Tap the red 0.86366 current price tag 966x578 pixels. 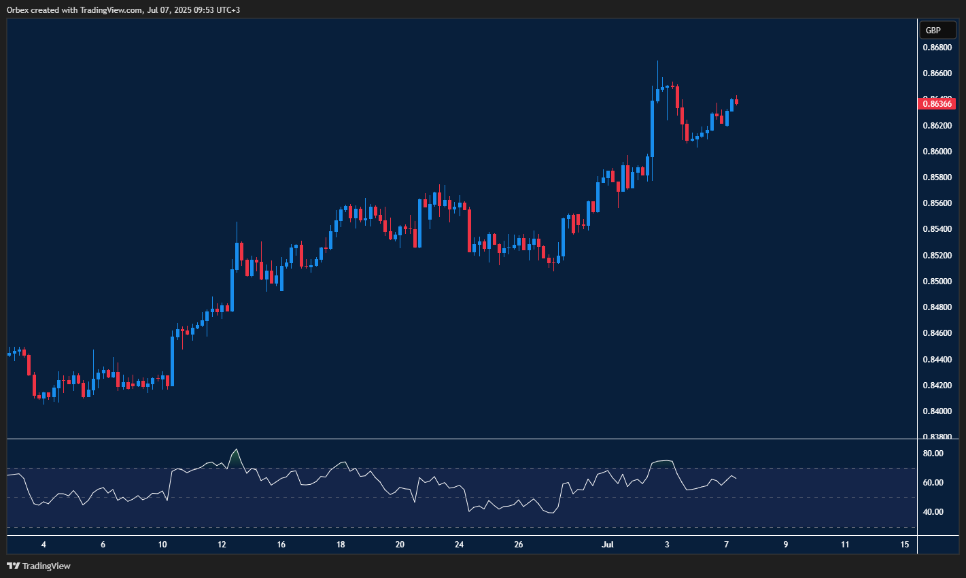936,103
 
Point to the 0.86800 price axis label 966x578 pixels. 936,48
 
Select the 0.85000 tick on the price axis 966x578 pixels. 936,281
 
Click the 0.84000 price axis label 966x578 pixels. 936,411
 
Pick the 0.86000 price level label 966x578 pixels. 936,151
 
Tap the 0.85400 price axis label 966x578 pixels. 936,229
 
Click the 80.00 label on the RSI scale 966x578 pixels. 933,454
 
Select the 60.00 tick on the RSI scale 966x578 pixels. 933,483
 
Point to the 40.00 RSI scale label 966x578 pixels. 933,512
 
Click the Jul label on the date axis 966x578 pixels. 608,545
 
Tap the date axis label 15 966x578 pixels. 904,545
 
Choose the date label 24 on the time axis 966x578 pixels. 460,545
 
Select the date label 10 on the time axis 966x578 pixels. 162,545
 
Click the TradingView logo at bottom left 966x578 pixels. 39,566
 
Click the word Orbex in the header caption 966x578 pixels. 18,10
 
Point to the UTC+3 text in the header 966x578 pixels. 227,10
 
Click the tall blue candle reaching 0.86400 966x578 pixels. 653,129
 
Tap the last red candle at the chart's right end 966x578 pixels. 737,102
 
